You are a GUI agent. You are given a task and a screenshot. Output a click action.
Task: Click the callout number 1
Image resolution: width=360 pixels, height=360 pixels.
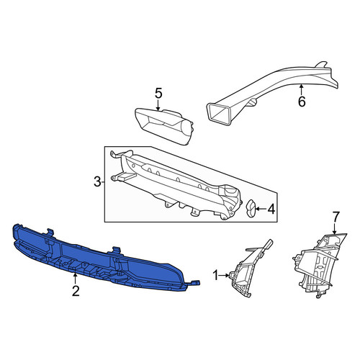[x=215, y=275]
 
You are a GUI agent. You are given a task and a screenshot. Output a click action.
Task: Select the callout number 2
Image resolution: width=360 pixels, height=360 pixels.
[x=76, y=291]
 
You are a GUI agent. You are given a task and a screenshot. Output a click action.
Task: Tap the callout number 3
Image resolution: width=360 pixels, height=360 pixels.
[x=97, y=182]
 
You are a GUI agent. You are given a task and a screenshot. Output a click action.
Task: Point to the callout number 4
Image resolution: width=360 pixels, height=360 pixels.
[x=271, y=210]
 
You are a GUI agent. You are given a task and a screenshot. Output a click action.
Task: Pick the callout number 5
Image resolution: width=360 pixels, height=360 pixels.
[x=158, y=93]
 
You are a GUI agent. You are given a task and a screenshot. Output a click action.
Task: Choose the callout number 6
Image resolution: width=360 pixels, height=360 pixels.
[x=302, y=102]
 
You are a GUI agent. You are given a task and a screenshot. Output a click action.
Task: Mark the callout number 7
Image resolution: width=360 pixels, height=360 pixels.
[x=336, y=217]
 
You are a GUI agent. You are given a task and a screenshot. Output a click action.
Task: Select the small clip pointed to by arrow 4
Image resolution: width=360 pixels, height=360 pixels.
[x=251, y=209]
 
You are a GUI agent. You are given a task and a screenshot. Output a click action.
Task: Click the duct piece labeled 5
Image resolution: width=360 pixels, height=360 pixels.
[x=163, y=126]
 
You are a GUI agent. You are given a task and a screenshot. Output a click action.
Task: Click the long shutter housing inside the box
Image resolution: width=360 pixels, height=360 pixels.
[x=175, y=185]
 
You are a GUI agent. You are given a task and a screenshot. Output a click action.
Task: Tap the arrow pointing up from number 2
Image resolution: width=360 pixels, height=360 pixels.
[x=76, y=279]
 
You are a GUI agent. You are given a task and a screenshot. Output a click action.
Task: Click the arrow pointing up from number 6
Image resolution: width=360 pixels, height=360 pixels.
[x=302, y=89]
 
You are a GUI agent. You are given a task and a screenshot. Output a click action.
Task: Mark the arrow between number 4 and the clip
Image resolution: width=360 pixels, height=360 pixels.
[x=261, y=210]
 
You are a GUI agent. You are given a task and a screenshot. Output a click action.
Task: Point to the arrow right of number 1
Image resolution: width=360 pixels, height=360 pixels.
[x=224, y=275]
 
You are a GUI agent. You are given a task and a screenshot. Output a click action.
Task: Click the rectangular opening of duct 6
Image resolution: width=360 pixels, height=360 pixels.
[x=219, y=114]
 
